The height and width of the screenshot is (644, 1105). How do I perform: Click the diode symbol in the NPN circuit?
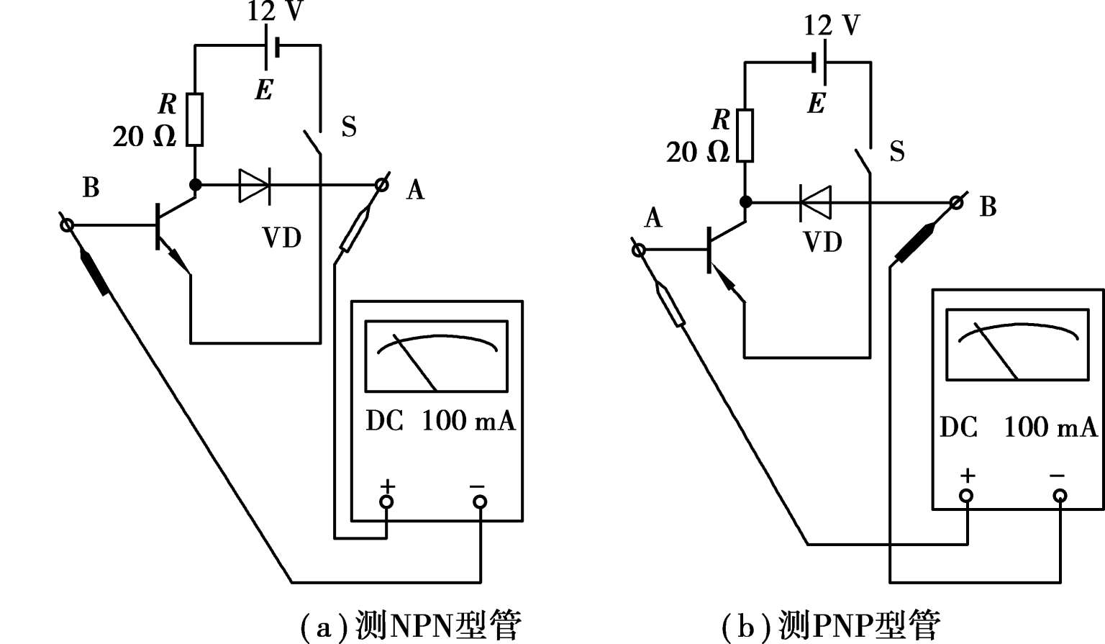coord(255,186)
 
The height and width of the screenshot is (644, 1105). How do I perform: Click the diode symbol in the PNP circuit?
coord(815,202)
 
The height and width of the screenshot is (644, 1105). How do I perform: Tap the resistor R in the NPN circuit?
coord(195,119)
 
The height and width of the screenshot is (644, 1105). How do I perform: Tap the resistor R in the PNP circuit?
coord(745,136)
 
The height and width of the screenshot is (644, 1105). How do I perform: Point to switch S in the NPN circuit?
coord(313,143)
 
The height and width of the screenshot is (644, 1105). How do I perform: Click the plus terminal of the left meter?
coord(386,502)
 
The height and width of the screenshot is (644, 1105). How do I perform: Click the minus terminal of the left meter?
coord(480,502)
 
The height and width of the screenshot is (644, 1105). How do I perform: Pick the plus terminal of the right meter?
coord(966,496)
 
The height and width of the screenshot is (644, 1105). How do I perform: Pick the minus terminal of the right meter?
coord(1060,496)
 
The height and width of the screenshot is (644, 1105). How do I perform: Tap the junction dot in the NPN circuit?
coord(196,184)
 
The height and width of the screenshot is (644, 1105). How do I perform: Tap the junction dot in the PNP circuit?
coord(746,202)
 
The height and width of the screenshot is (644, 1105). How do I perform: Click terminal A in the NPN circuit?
coord(382,185)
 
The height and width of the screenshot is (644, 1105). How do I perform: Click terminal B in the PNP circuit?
coord(957,203)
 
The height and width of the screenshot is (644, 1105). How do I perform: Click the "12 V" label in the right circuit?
coord(832,25)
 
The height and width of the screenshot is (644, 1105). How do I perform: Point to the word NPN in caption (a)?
coord(421,626)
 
